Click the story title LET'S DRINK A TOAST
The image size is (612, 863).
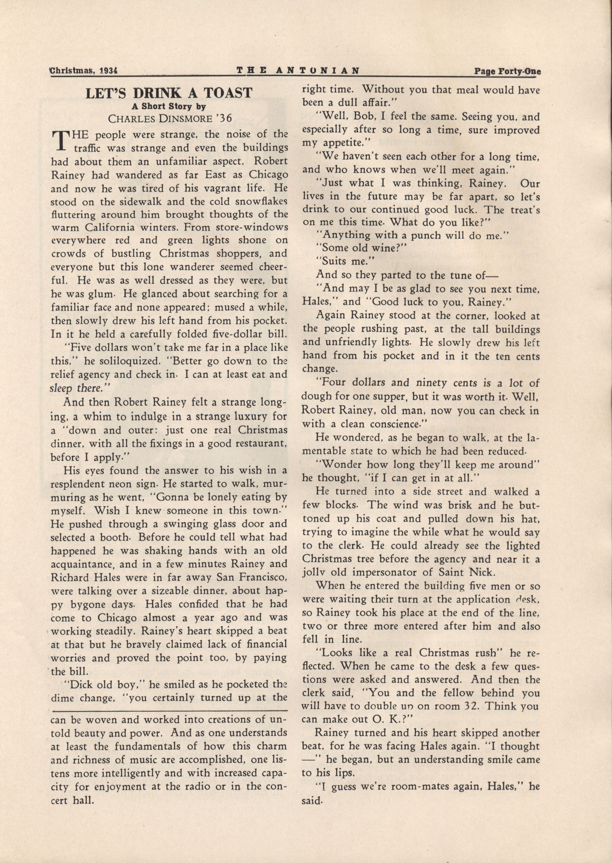point(169,93)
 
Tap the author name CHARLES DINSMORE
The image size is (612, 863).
point(158,118)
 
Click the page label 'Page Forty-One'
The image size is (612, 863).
point(507,71)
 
